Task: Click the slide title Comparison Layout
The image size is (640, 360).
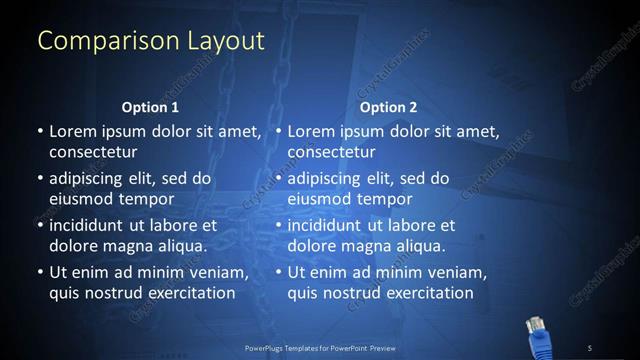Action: tap(151, 41)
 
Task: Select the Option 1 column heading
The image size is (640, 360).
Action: tap(150, 107)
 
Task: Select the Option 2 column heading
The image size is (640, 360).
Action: tap(389, 107)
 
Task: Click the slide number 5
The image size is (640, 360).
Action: tap(590, 347)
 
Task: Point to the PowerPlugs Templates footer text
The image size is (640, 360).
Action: tap(320, 347)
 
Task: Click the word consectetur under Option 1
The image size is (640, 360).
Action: tap(93, 152)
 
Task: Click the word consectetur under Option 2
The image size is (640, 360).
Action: tap(332, 152)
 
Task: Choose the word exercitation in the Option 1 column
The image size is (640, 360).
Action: tap(191, 293)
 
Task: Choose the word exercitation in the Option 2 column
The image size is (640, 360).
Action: tap(430, 293)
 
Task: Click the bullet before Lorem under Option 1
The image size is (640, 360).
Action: tap(39, 132)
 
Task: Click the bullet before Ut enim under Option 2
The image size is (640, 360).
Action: tap(278, 273)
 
